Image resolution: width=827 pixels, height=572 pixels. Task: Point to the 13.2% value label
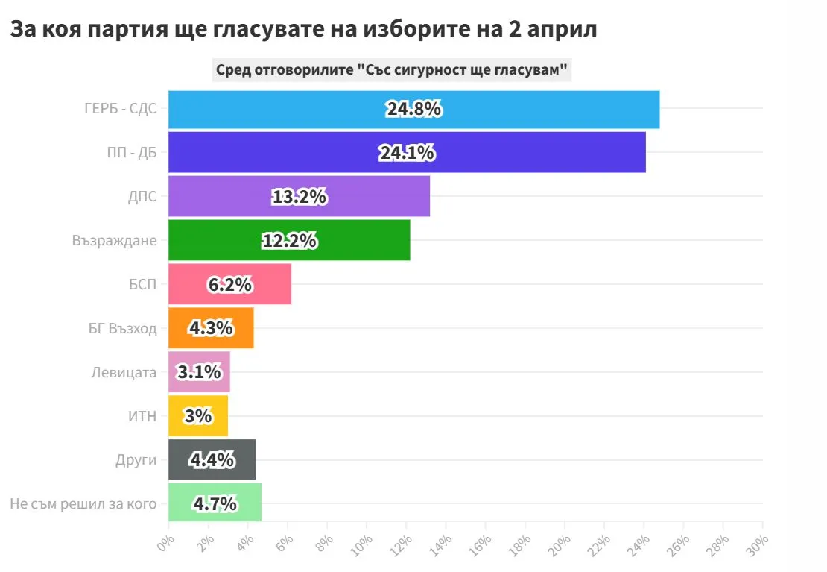coord(299,197)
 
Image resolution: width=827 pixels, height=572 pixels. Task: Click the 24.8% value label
coord(413,109)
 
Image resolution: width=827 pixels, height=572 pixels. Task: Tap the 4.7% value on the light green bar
coord(215,503)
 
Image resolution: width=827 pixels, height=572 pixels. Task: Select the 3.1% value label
coord(199,371)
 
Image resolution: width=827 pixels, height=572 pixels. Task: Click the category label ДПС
coord(142,197)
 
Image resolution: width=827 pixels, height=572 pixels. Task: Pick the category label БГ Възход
coord(123,328)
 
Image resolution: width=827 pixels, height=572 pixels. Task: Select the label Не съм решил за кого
coord(83,503)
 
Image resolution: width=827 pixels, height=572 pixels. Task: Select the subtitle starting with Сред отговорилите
coord(392,70)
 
